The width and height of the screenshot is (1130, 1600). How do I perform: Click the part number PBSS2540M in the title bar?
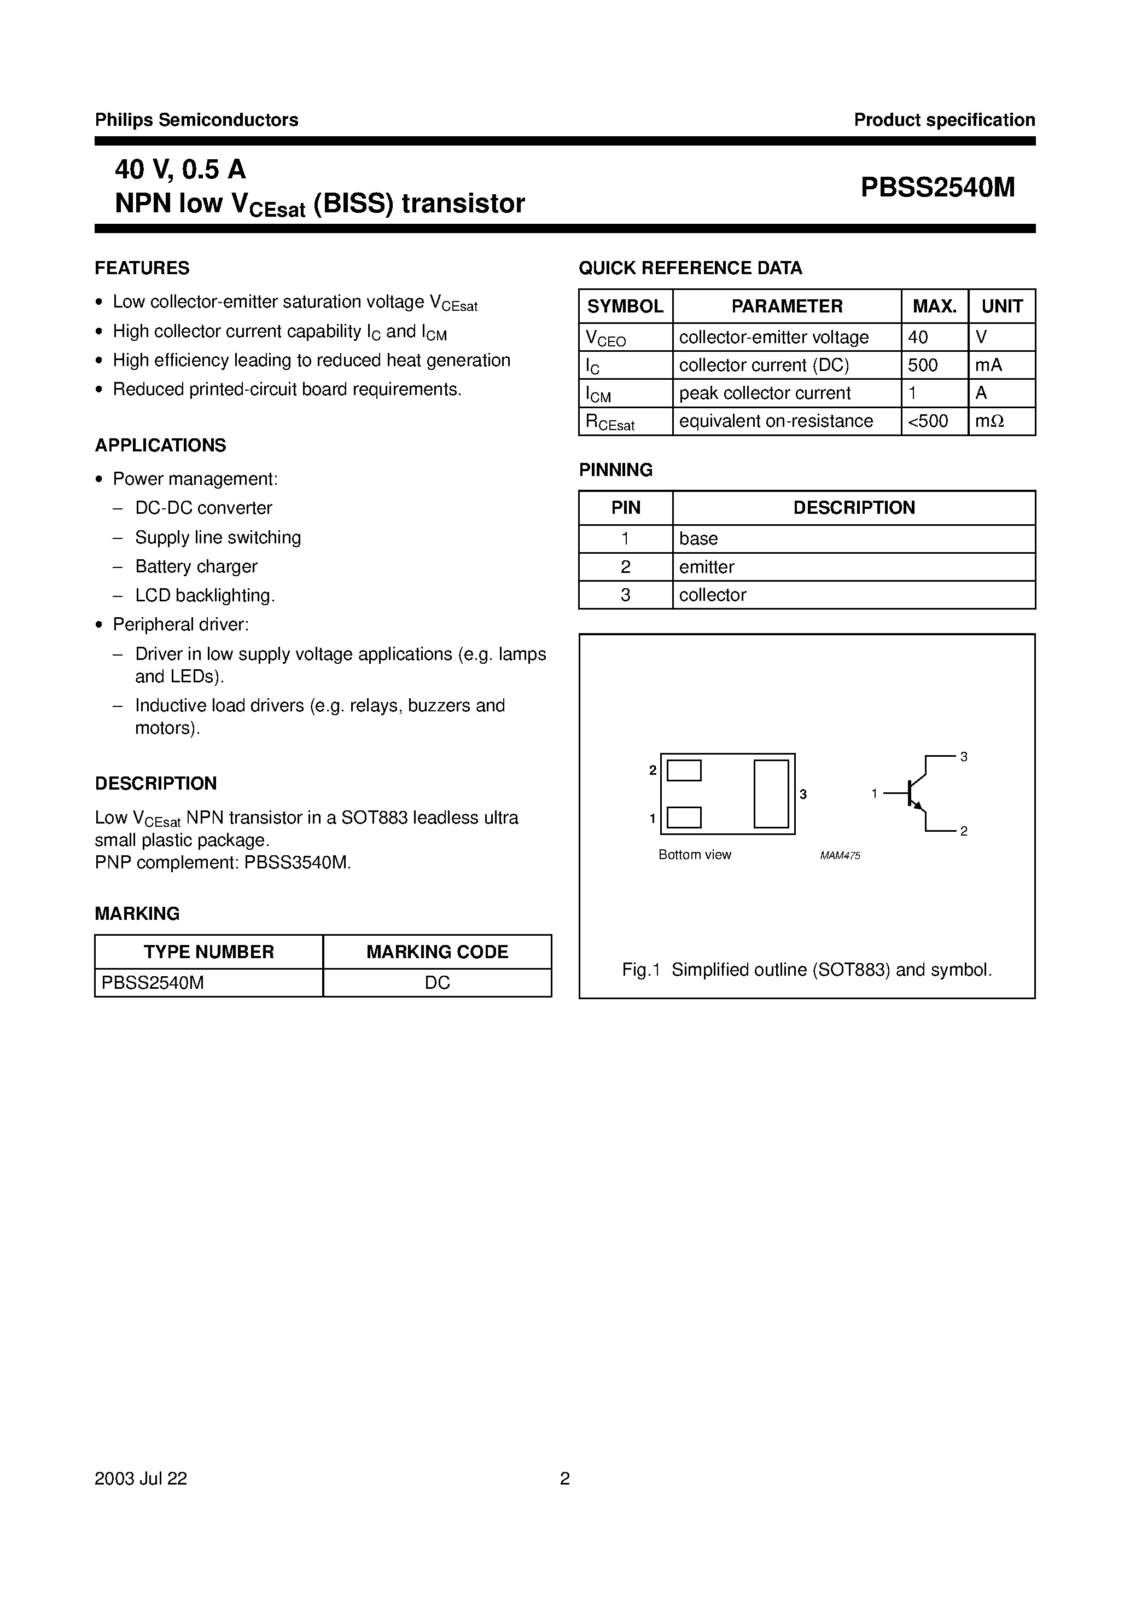click(x=937, y=188)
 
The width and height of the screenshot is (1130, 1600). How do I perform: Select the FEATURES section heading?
click(x=142, y=268)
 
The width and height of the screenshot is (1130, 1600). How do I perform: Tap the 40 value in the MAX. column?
click(x=918, y=337)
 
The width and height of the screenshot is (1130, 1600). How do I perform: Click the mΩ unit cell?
click(x=989, y=421)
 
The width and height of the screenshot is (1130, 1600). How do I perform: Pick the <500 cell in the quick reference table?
click(x=928, y=421)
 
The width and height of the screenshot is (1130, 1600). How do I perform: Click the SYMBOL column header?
click(x=625, y=306)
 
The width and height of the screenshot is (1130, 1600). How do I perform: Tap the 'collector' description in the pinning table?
click(x=713, y=595)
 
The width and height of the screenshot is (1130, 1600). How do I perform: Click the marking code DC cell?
click(x=437, y=983)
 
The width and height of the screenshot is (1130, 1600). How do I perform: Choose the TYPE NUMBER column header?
click(x=208, y=952)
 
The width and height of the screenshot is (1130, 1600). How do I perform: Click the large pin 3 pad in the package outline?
click(x=771, y=794)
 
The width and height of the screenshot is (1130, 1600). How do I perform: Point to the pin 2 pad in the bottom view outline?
click(x=684, y=771)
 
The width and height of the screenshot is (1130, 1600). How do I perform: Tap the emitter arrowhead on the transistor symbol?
click(x=918, y=806)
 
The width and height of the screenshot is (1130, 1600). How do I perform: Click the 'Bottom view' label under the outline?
click(x=695, y=855)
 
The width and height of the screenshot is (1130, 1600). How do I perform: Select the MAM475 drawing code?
click(x=840, y=856)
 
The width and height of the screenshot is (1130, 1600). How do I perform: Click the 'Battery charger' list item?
click(x=196, y=566)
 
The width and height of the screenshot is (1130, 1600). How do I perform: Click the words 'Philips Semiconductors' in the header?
click(x=196, y=120)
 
